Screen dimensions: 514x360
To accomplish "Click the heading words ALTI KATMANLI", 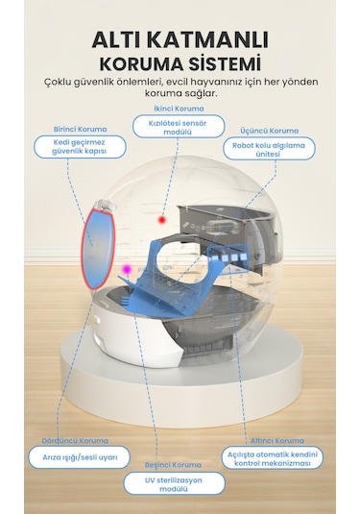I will pos(180,39).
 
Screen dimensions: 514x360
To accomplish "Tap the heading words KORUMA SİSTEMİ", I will pos(180,63).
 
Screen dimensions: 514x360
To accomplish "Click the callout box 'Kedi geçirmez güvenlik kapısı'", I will pos(72,147).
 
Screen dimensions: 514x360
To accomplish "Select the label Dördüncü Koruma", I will pos(69,441).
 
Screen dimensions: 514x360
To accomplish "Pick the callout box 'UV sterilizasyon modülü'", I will pos(174,482).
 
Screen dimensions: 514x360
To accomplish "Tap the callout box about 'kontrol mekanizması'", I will pos(272,457).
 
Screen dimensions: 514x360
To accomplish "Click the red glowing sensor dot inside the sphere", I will pos(162,220).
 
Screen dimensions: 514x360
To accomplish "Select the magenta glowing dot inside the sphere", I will pos(125,270).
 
